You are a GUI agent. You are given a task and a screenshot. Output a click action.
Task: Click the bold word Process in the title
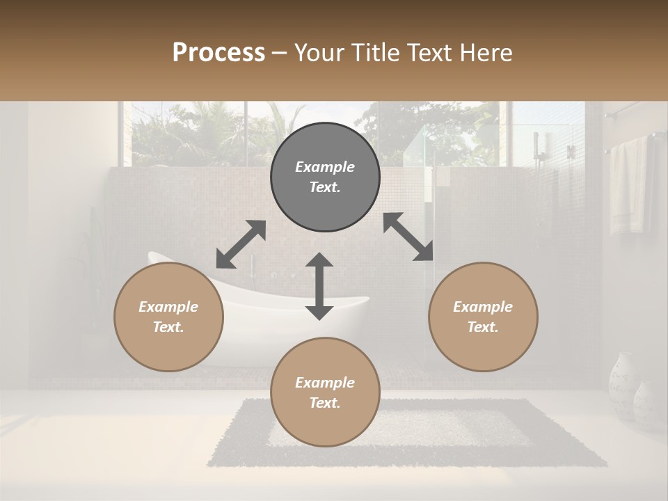click(x=218, y=53)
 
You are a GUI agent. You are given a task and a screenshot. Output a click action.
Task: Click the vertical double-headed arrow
click(x=319, y=286)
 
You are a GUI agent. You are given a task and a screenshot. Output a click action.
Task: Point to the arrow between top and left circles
click(x=241, y=244)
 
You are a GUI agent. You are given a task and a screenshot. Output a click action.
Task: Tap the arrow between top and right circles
click(x=408, y=237)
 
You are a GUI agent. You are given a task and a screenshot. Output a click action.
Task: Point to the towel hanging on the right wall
click(x=629, y=184)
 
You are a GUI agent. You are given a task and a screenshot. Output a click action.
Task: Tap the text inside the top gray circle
click(x=325, y=177)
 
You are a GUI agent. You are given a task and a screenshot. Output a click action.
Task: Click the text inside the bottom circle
click(x=325, y=392)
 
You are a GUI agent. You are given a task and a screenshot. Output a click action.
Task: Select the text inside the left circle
click(x=168, y=317)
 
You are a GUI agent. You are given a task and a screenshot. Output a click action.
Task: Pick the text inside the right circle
click(x=483, y=317)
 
